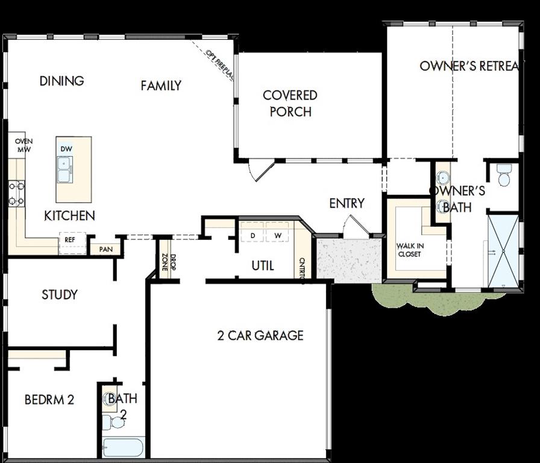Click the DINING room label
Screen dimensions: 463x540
[x=61, y=81]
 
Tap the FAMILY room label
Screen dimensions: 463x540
[x=161, y=86]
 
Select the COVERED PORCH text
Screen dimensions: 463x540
[x=290, y=103]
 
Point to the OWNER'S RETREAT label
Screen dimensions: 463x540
[x=468, y=66]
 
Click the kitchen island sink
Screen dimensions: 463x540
[x=65, y=169]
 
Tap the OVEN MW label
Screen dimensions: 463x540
[x=24, y=145]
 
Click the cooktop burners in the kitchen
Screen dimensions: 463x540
[x=16, y=194]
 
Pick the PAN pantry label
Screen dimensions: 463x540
[x=105, y=248]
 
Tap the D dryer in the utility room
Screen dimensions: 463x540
[x=253, y=235]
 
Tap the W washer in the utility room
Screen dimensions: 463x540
[x=278, y=235]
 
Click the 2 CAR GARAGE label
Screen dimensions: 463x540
[x=260, y=335]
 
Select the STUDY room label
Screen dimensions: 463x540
[x=59, y=295]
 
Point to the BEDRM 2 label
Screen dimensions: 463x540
[x=49, y=399]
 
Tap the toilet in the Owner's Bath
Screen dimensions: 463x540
[x=504, y=175]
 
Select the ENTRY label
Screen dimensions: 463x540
[x=347, y=203]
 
